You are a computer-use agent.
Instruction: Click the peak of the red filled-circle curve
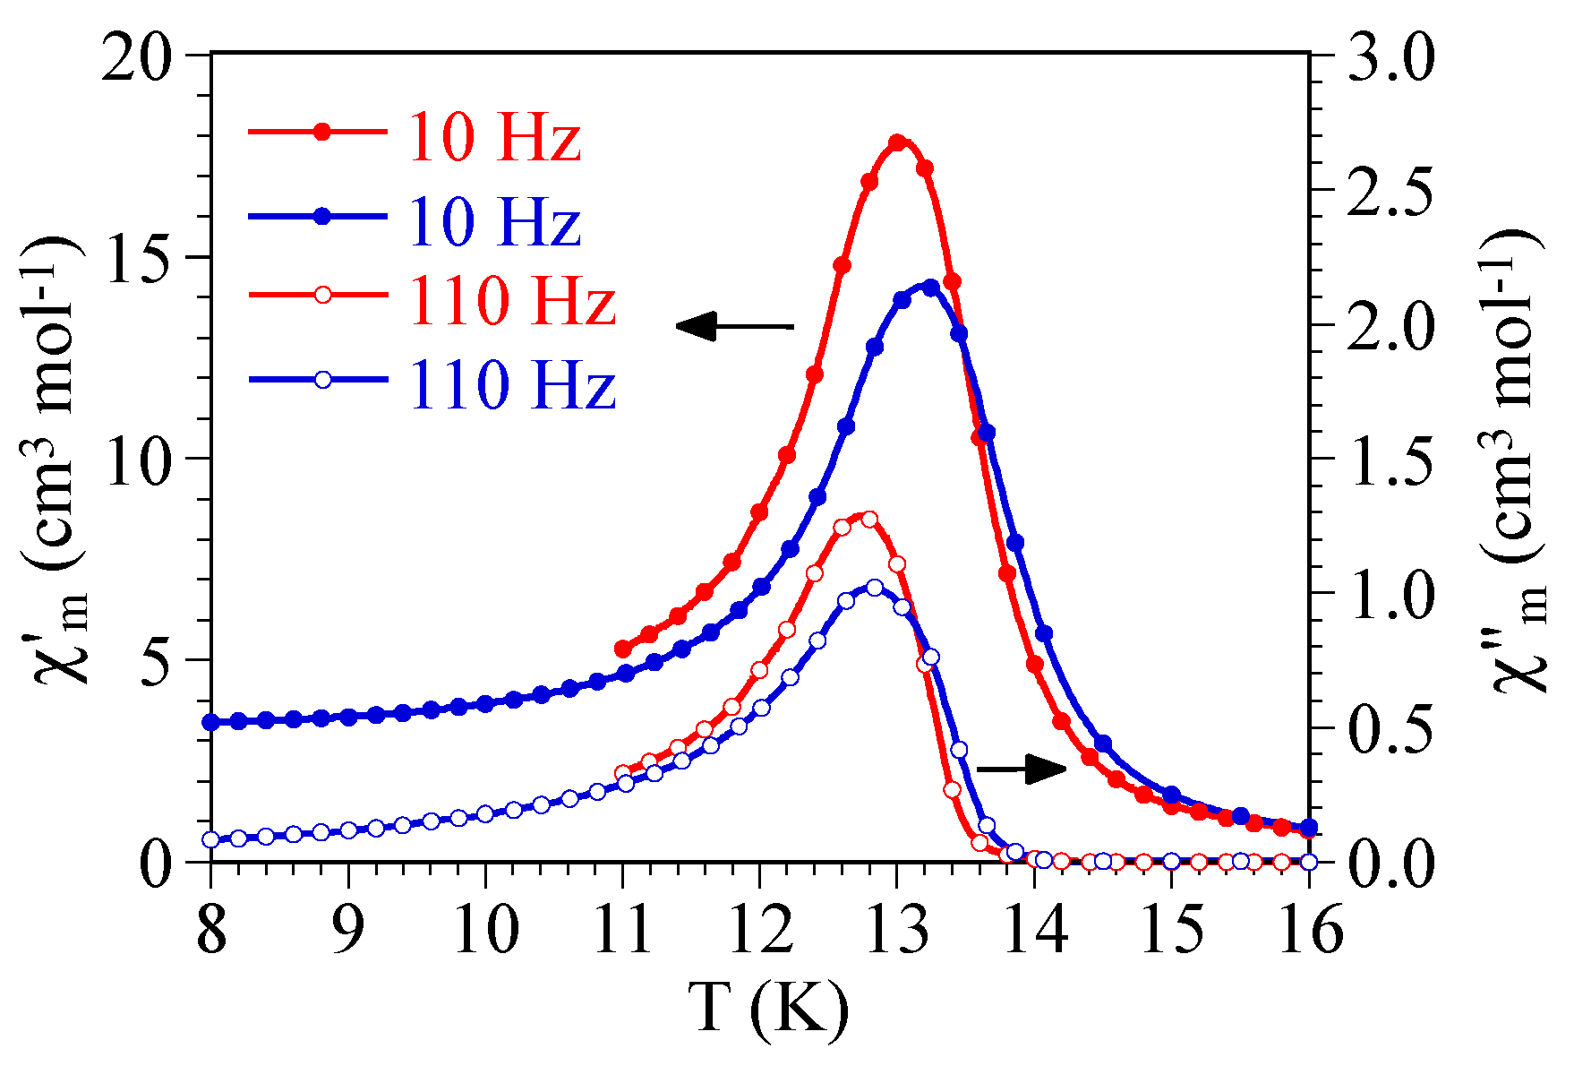[897, 142]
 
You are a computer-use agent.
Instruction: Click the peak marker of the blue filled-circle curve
[930, 287]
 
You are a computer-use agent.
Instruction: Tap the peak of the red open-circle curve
[868, 519]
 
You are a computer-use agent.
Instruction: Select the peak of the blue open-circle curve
[875, 588]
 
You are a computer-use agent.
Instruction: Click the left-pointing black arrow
[734, 326]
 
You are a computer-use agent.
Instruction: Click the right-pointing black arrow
[1022, 768]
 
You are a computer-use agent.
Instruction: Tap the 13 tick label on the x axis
[897, 930]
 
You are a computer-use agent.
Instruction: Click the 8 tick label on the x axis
[211, 930]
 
